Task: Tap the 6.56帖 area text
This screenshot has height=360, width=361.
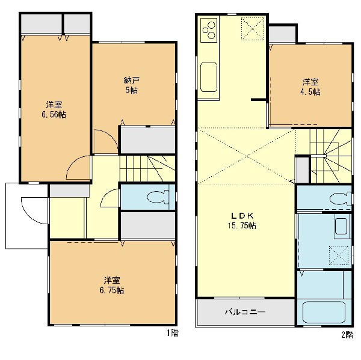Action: [54, 114]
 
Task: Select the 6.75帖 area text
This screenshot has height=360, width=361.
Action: [112, 290]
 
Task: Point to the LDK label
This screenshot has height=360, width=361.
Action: [242, 216]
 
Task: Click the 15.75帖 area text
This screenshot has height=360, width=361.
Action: [242, 225]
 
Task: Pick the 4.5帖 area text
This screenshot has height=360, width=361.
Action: [310, 92]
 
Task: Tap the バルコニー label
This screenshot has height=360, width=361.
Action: [245, 312]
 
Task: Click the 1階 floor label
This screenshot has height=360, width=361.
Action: [173, 333]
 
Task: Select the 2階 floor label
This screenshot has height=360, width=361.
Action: [347, 335]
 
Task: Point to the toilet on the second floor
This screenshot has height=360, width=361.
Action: [340, 198]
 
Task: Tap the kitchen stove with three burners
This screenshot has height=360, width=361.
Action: [209, 30]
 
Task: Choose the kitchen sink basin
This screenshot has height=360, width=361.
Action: [209, 77]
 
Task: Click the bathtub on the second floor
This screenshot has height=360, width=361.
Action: [324, 313]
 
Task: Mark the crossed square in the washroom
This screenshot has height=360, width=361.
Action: [339, 255]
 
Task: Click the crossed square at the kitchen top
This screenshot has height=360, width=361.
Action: [253, 29]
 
